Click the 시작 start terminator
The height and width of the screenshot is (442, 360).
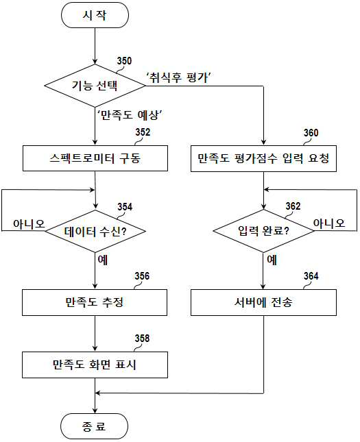(x=95, y=15)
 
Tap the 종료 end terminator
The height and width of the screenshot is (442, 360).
(x=94, y=426)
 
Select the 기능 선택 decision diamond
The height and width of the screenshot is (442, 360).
(x=95, y=86)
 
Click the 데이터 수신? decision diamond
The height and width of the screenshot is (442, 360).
(x=95, y=231)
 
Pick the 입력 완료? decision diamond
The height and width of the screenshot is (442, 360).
(x=263, y=231)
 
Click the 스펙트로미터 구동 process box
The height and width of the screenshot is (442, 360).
(x=95, y=158)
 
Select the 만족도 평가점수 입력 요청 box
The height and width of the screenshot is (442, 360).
(x=263, y=158)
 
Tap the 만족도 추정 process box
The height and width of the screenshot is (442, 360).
(x=95, y=302)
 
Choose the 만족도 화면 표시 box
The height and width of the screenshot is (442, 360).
(x=95, y=365)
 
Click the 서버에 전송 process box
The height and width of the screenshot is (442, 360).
(x=263, y=302)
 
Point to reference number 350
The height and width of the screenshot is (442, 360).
(x=124, y=61)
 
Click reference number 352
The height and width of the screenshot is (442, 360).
(x=143, y=132)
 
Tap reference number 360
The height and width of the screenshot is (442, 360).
(x=311, y=133)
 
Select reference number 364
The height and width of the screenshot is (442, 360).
(x=311, y=276)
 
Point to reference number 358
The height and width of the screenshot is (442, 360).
(x=142, y=339)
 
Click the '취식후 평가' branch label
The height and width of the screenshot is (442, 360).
(x=179, y=77)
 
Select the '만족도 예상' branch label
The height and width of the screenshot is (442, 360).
(x=130, y=114)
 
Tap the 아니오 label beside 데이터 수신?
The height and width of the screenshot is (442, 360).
(x=29, y=224)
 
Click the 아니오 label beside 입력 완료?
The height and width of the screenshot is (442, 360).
(x=329, y=223)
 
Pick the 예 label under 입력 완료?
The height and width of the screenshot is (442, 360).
(x=272, y=260)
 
